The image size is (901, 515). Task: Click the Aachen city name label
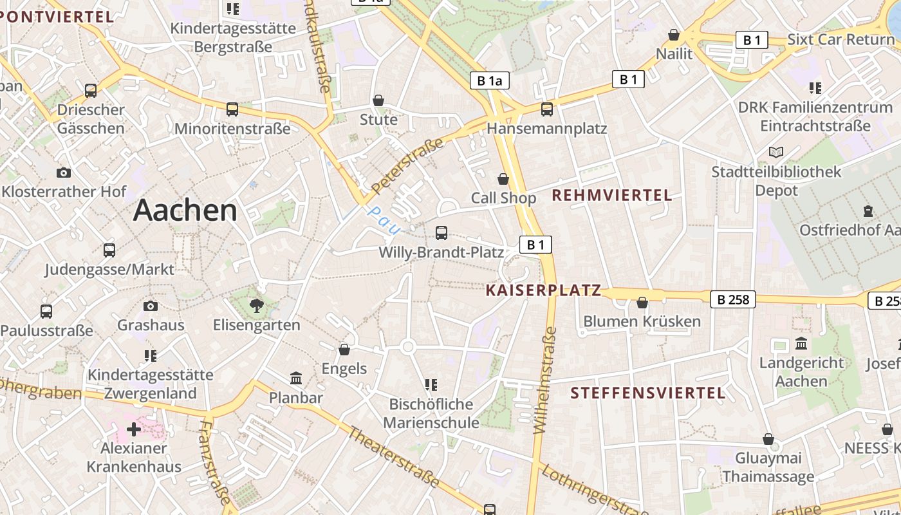(185, 211)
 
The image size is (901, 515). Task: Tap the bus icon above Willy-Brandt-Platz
(441, 233)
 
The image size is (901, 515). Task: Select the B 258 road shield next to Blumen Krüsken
(733, 299)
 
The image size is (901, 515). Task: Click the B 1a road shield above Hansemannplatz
(489, 80)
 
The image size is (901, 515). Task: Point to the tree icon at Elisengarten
(257, 306)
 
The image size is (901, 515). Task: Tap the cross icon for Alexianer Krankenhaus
(134, 429)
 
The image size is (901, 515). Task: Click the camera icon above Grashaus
(151, 306)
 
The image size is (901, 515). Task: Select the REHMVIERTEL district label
(612, 195)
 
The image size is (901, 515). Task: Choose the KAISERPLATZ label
(543, 290)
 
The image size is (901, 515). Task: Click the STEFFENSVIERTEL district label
(648, 393)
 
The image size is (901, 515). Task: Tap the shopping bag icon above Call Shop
(503, 179)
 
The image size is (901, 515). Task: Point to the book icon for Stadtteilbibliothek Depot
(776, 153)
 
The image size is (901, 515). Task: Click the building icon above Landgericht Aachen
(801, 344)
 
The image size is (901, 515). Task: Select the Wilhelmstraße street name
(544, 380)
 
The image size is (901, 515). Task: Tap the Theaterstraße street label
(394, 457)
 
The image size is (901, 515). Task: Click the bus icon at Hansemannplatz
(546, 109)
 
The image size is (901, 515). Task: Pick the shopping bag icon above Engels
(344, 350)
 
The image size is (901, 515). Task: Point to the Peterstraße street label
(408, 166)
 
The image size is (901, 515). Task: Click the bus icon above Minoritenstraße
(232, 109)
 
